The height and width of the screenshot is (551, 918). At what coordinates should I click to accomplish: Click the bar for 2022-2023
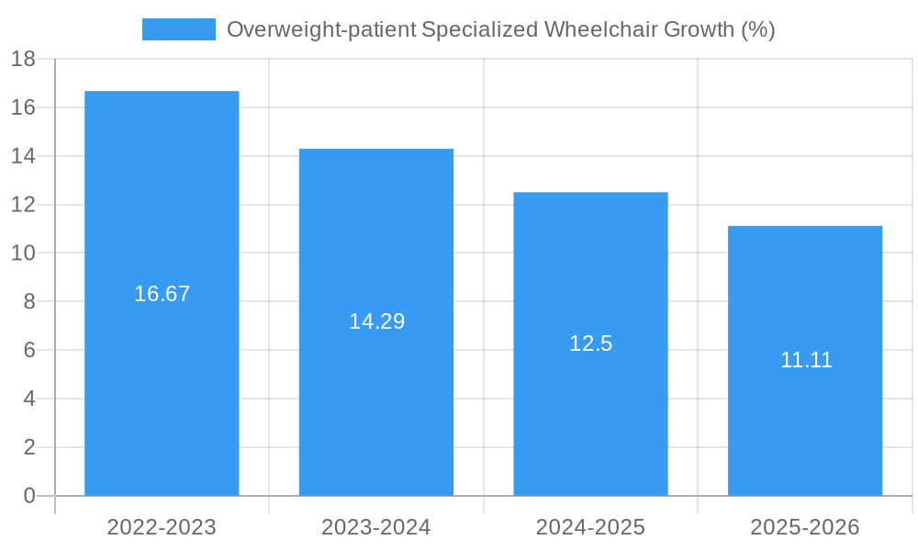coord(162,386)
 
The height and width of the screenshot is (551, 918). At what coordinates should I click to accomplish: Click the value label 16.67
coord(162,294)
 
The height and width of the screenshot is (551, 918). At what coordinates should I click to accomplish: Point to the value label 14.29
coord(376,321)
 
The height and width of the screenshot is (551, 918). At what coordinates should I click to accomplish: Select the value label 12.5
coord(590,343)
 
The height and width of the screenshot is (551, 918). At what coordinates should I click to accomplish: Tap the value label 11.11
coord(805,360)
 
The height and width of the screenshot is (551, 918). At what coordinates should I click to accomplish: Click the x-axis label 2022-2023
coord(162,527)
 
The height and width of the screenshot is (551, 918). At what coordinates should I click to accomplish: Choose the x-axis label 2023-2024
coord(376,527)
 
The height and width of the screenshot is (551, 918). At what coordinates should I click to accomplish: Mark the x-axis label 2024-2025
coord(590,527)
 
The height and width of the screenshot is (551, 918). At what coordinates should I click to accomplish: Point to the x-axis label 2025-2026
coord(805,527)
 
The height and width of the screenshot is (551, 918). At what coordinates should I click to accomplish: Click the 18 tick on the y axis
coord(23,60)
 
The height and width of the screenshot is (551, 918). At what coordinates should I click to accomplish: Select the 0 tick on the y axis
coord(28,496)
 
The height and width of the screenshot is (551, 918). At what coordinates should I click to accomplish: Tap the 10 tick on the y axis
coord(23,253)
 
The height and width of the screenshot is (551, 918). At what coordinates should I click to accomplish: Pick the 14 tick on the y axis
coord(23,156)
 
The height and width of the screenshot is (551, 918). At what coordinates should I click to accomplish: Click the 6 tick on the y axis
coord(28,350)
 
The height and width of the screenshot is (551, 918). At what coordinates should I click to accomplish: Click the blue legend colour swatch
coord(178,29)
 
